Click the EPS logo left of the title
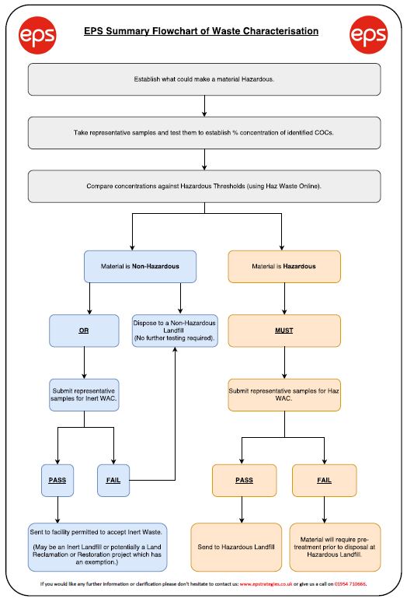[37, 35]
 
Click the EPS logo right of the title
[369, 35]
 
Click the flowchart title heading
[201, 31]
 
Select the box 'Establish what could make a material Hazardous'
[204, 79]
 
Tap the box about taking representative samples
[204, 133]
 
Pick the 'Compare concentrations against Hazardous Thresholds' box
[204, 186]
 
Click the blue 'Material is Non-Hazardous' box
[141, 267]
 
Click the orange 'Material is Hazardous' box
[284, 267]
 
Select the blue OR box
[84, 331]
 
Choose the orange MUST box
[284, 331]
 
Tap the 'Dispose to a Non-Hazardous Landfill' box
[175, 331]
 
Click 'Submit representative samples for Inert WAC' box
[84, 395]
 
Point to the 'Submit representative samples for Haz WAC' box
[284, 395]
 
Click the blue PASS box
[57, 481]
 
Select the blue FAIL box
[113, 481]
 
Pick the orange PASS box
[244, 481]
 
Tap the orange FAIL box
[324, 481]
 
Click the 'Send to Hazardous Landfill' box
[236, 547]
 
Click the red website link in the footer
[266, 584]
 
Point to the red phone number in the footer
[350, 584]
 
